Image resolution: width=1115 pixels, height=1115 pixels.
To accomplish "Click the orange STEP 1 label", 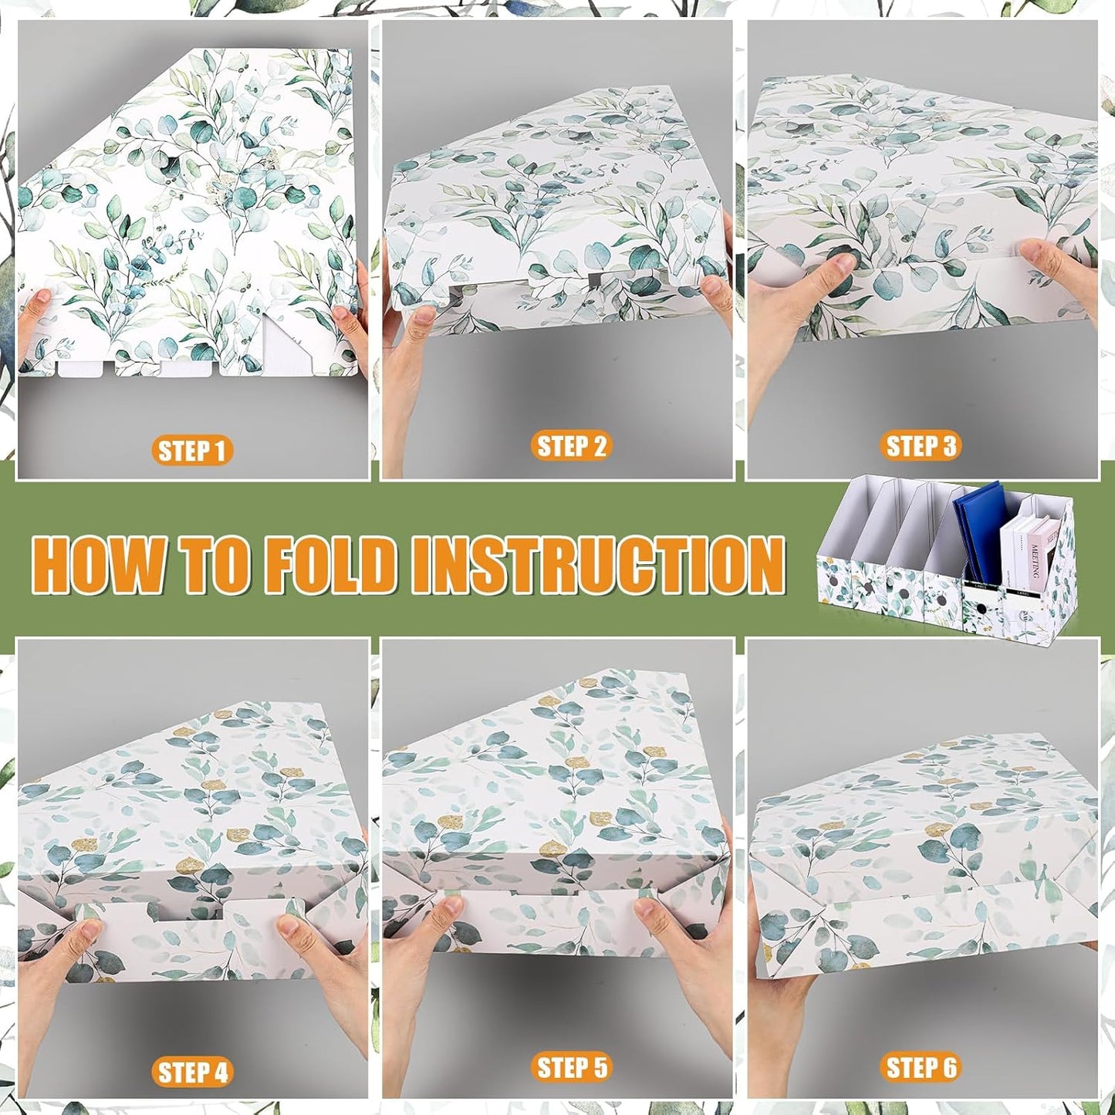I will (191, 451).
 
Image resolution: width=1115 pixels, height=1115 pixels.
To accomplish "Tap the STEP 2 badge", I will (571, 446).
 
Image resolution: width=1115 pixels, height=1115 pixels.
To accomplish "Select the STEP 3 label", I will (921, 446).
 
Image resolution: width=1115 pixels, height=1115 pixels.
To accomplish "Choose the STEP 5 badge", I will (571, 1068).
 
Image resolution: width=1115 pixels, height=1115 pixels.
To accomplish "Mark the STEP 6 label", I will (921, 1068).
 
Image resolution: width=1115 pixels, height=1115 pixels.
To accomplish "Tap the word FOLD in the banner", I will (334, 564).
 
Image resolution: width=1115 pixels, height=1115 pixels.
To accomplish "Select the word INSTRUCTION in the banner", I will (598, 564).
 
